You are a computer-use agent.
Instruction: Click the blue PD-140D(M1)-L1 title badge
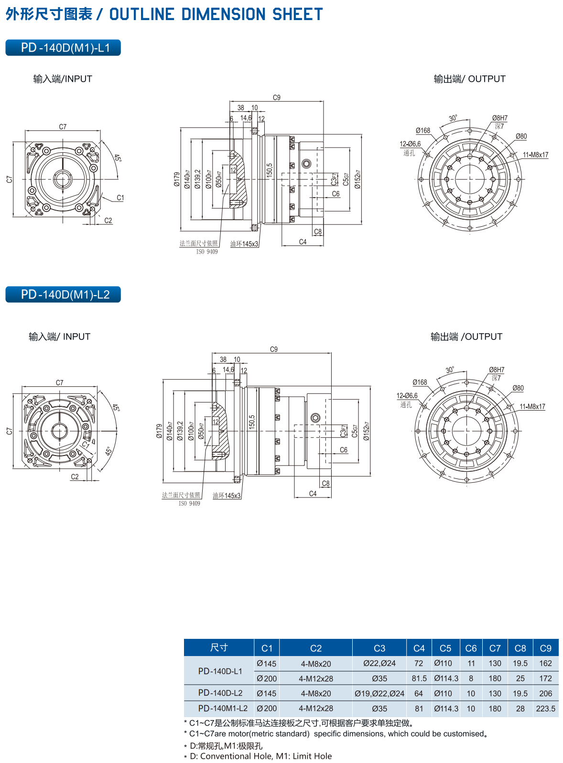[x=63, y=48]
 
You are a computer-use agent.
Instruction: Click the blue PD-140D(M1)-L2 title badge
[x=63, y=294]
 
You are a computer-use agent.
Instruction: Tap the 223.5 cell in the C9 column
[x=545, y=709]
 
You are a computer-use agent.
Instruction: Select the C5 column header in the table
[x=445, y=648]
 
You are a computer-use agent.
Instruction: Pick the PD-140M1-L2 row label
[x=223, y=709]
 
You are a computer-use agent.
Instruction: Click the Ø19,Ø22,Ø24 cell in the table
[x=379, y=693]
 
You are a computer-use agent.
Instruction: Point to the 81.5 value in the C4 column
[x=419, y=678]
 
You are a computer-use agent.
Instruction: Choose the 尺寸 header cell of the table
[x=219, y=647]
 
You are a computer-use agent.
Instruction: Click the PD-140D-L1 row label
[x=220, y=671]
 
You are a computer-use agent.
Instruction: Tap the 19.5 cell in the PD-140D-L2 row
[x=520, y=693]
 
